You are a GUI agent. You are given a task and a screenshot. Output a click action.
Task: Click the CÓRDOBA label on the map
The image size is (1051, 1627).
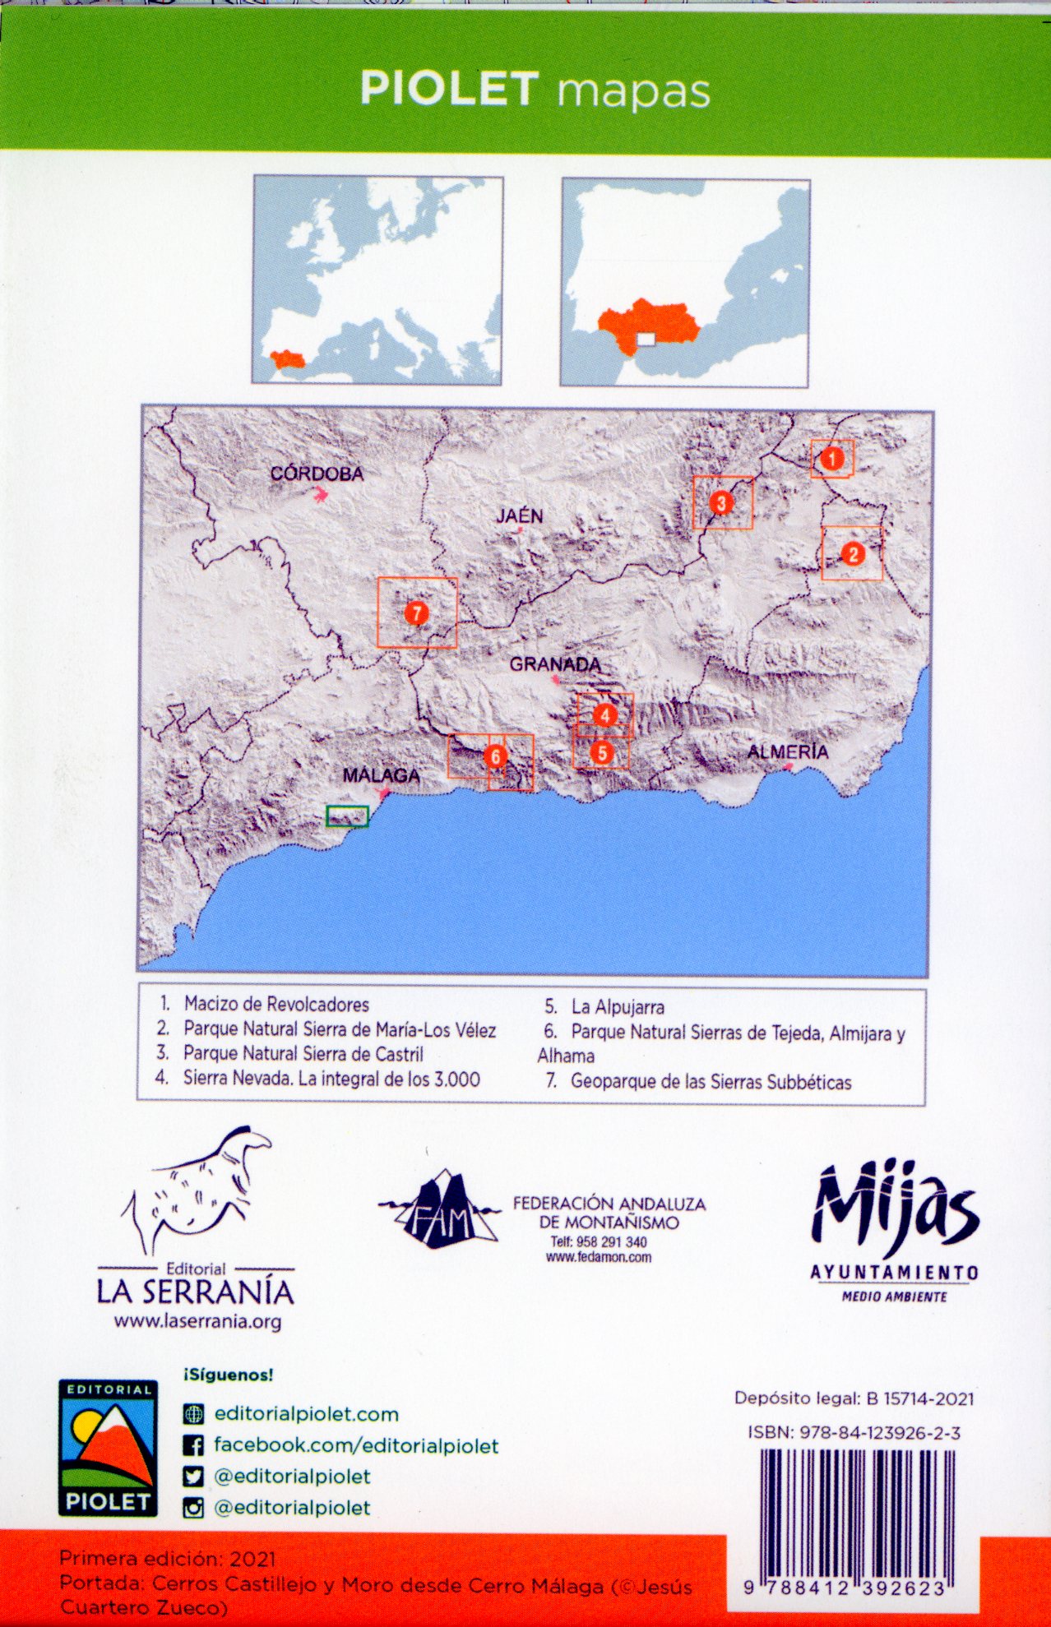[317, 474]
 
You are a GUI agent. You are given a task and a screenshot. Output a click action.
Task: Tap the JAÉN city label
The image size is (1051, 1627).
[519, 516]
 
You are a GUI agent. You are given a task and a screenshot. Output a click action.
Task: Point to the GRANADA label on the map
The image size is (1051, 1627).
[555, 664]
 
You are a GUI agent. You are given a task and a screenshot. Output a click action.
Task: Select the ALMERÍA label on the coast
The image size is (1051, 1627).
[787, 751]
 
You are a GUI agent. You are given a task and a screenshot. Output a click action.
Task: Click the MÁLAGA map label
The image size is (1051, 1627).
[381, 775]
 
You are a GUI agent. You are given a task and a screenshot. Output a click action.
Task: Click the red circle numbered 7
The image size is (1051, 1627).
[417, 612]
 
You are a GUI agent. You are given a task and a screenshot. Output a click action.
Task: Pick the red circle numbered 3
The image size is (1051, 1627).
[721, 502]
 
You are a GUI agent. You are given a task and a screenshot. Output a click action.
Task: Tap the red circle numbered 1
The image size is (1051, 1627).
[832, 459]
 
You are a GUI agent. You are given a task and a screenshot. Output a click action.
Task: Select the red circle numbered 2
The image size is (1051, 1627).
[853, 553]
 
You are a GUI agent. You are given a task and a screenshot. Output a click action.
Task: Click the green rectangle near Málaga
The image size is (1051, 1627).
[347, 816]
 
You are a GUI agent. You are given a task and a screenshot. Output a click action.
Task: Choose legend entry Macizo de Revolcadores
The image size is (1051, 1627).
[276, 1004]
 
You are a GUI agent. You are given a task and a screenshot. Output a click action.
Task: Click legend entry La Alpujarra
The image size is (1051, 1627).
[618, 1007]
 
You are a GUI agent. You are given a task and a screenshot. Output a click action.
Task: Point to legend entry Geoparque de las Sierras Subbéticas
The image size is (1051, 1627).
[711, 1082]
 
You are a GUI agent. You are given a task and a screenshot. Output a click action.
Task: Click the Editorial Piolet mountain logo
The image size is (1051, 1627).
[108, 1448]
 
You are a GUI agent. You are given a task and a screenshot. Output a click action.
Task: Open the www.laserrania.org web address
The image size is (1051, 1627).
[197, 1322]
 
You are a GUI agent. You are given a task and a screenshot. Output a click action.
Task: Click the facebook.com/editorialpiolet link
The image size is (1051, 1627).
[356, 1445]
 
